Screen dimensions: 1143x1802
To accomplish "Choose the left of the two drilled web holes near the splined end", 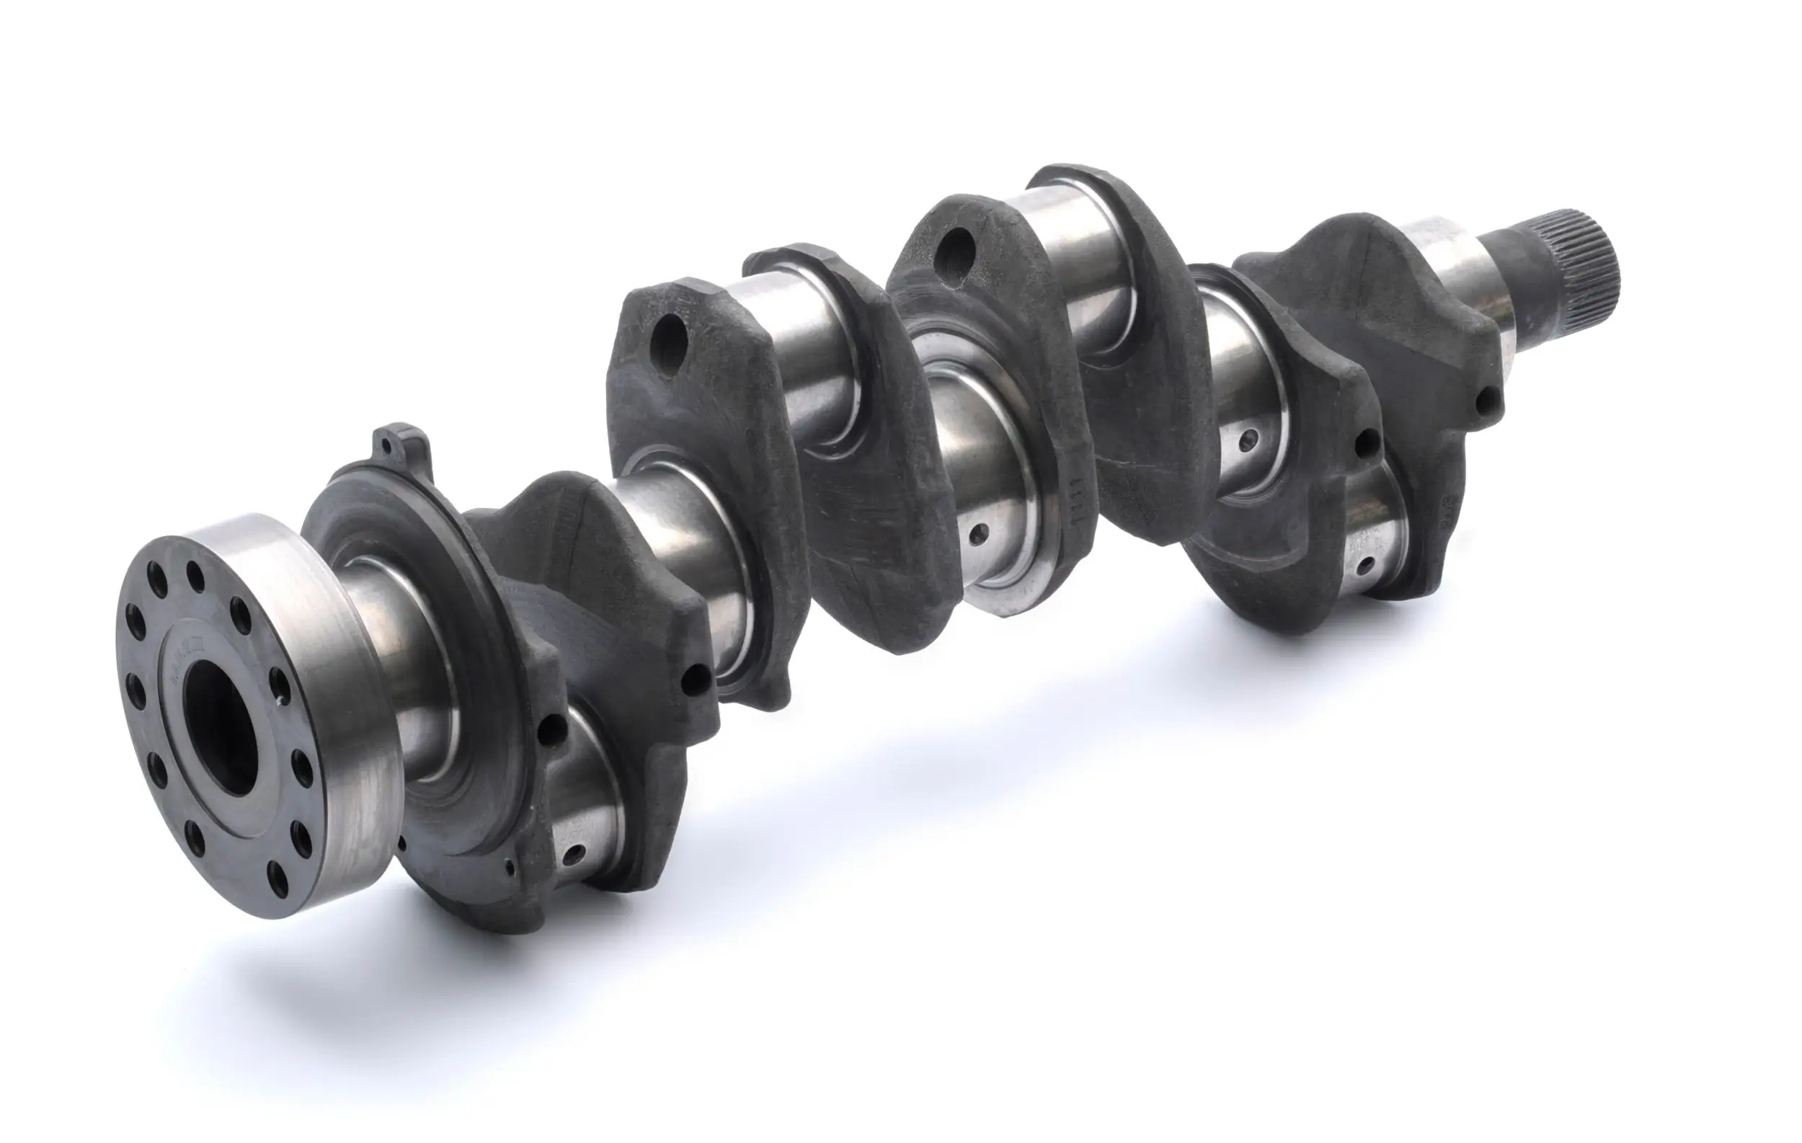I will coord(1369,441).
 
